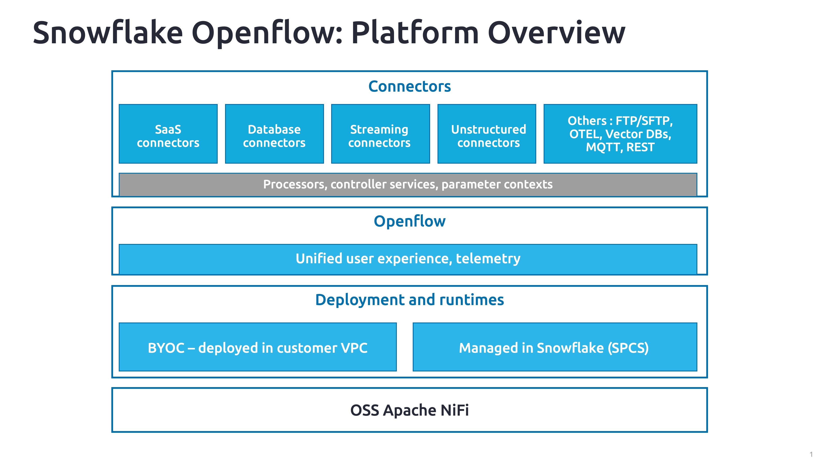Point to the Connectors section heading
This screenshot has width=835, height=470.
tap(409, 87)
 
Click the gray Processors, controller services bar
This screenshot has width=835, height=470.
tap(408, 184)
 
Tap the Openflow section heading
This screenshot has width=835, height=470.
tap(409, 221)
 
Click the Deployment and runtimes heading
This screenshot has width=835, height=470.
tap(409, 300)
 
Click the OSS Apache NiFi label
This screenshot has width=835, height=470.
tap(409, 410)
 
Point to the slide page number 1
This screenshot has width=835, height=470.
tap(811, 454)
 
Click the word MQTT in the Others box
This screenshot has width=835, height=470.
tap(604, 147)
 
